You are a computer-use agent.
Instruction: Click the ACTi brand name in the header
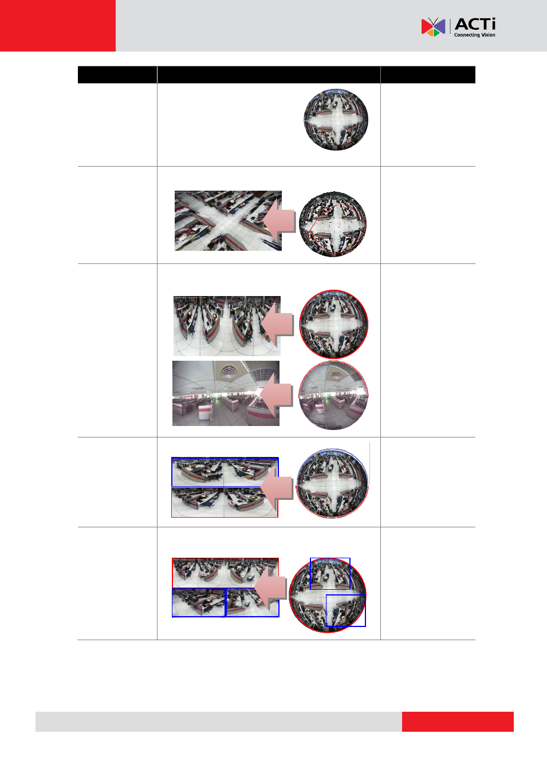(x=475, y=24)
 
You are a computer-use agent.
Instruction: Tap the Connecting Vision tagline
(x=474, y=35)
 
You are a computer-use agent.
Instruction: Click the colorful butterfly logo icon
(x=433, y=27)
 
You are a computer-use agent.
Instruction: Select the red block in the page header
(x=58, y=26)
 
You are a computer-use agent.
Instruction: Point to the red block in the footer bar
(x=458, y=721)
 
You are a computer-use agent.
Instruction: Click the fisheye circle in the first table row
(x=336, y=120)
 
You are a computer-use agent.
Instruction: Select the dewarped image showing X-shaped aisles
(x=228, y=220)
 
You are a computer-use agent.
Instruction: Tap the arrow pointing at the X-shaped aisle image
(x=279, y=221)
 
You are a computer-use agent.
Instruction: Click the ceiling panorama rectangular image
(x=226, y=393)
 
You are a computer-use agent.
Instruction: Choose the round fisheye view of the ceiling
(x=333, y=395)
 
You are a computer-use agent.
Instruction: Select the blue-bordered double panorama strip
(x=225, y=472)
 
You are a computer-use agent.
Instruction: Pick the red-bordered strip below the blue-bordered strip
(x=225, y=502)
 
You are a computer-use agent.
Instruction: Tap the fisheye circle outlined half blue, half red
(x=333, y=483)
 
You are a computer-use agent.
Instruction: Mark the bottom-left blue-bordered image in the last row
(x=198, y=602)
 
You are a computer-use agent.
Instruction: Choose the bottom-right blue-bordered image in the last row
(x=252, y=602)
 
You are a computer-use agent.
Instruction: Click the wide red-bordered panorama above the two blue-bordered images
(x=225, y=573)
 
